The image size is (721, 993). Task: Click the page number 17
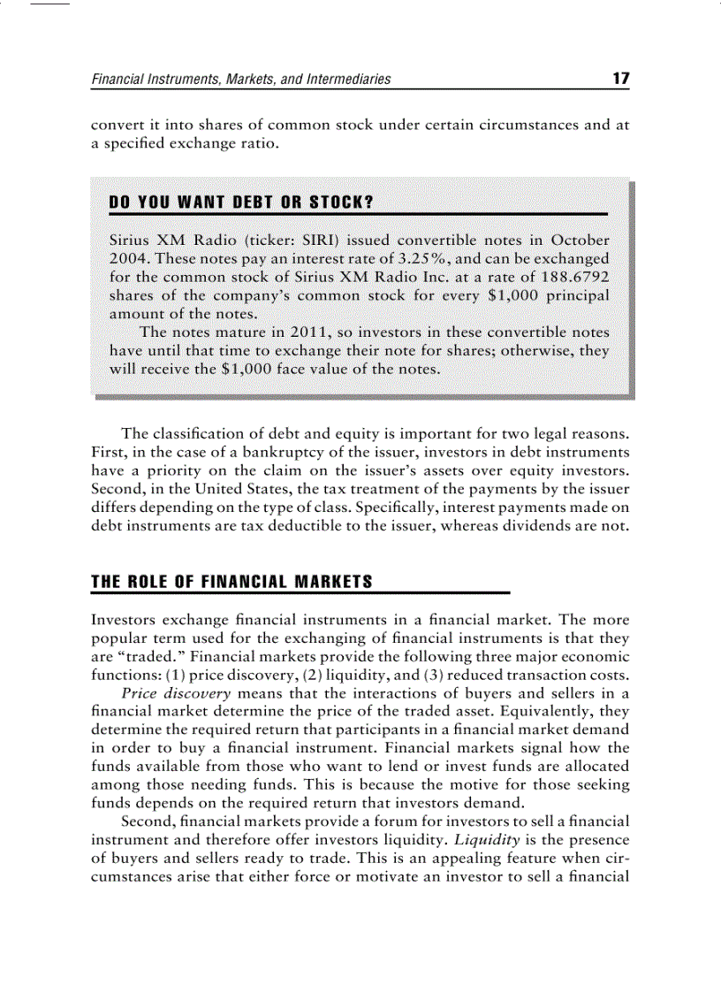[x=620, y=79]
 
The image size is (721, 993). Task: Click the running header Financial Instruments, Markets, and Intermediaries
[x=241, y=80]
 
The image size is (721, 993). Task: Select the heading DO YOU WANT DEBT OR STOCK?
[x=240, y=202]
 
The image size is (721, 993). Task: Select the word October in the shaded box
[x=579, y=240]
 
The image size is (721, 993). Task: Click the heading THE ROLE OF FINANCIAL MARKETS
[x=231, y=582]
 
